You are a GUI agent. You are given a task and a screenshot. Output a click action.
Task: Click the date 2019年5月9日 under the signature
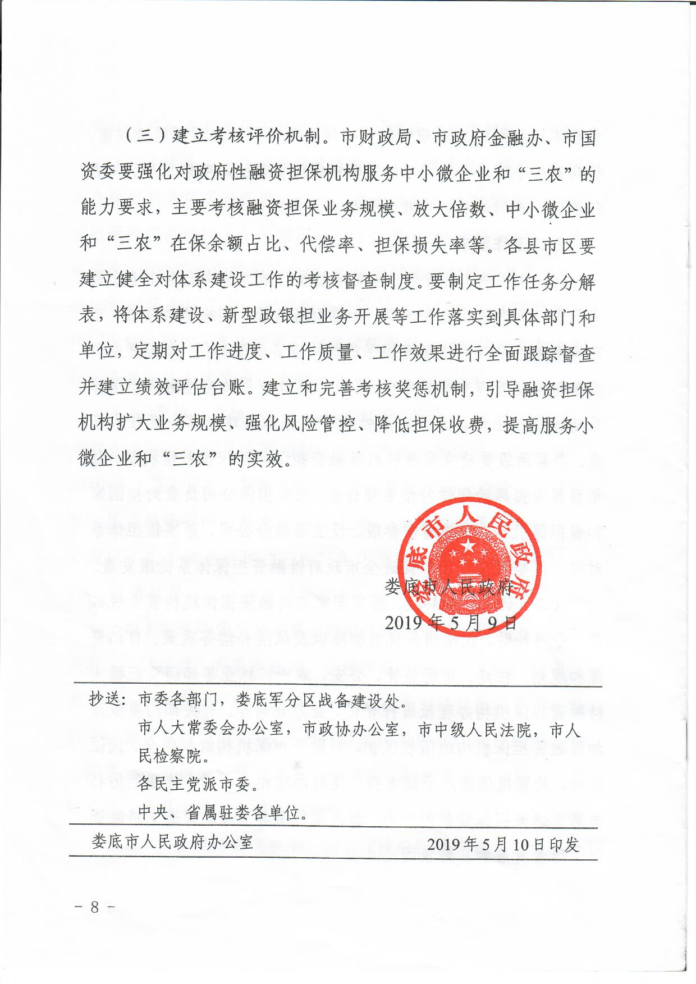(451, 622)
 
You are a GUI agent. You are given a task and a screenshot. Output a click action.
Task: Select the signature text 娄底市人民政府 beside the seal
(449, 587)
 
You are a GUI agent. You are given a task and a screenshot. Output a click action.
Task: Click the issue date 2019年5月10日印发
(503, 844)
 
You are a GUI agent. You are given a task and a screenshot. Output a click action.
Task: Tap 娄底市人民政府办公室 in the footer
(172, 843)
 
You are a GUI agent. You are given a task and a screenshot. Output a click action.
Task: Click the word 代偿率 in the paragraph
(327, 246)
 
